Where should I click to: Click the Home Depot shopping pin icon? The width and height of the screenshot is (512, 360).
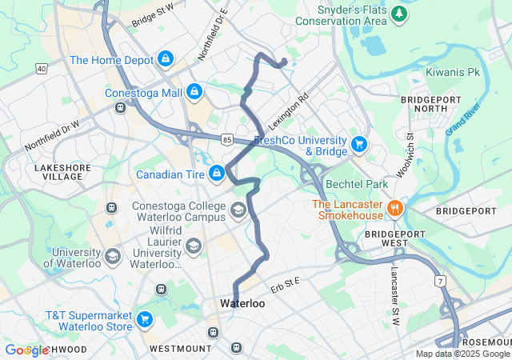165,59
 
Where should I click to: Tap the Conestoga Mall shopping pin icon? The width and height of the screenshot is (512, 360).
194,93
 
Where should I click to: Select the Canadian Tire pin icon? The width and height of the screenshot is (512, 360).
216,174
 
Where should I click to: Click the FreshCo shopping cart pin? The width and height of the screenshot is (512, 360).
359,145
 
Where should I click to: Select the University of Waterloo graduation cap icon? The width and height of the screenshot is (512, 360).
112,258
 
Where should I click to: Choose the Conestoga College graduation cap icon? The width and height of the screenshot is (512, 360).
238,210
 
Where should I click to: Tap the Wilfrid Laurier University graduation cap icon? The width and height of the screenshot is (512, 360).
192,245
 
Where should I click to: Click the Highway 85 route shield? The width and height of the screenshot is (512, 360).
228,139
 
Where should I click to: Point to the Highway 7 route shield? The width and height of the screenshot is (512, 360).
440,282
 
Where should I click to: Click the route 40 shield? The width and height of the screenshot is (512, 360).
41,70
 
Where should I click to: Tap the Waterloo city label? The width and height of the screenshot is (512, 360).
242,304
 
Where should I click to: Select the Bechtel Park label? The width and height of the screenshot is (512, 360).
357,185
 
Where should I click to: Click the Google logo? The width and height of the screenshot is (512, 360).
26,350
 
